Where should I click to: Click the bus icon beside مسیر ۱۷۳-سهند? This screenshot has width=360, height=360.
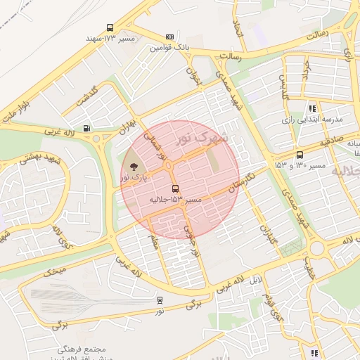110,28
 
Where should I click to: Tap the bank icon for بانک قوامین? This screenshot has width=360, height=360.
169,37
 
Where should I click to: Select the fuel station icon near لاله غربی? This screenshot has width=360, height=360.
86,128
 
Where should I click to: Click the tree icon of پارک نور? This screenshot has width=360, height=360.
134,166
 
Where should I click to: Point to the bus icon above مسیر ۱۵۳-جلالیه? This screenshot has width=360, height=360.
175,188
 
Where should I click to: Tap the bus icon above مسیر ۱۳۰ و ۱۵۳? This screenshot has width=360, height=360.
300,155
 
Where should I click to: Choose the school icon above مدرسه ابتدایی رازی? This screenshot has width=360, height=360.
312,108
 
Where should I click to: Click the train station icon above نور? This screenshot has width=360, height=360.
160,300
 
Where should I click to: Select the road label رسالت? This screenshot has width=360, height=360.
314,34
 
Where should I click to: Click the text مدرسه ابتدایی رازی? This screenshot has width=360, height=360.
311,120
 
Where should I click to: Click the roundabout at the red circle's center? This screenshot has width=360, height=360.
169,166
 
